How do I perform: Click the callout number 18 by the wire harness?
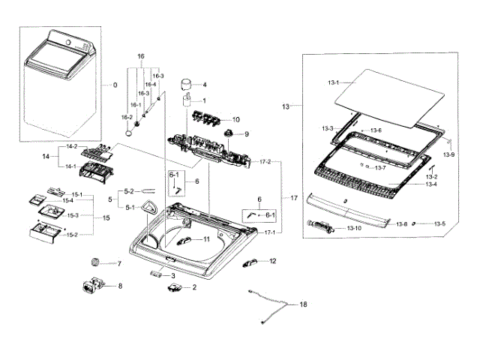303,304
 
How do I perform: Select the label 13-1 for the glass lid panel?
333,82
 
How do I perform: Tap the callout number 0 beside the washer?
115,85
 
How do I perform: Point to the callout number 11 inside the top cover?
206,240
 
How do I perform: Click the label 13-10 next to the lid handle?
353,228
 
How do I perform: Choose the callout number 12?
272,261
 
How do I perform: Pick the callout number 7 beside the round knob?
118,263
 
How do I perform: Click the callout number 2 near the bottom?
194,287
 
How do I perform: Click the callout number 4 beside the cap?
203,85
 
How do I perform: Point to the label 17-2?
265,162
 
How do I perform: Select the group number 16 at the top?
139,56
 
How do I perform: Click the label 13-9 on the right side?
448,154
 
